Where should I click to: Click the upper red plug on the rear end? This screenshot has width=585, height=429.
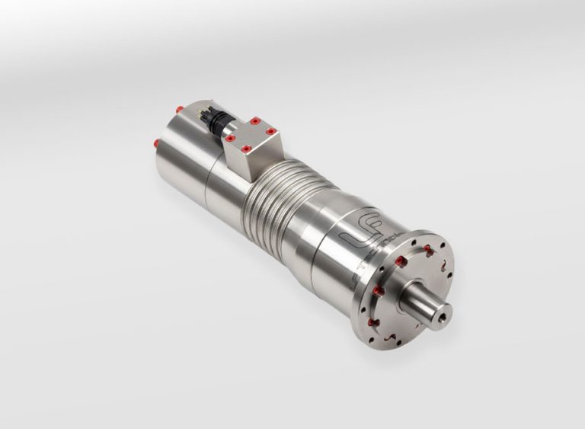(x=178, y=110)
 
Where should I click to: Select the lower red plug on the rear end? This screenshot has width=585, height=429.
(x=157, y=142)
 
